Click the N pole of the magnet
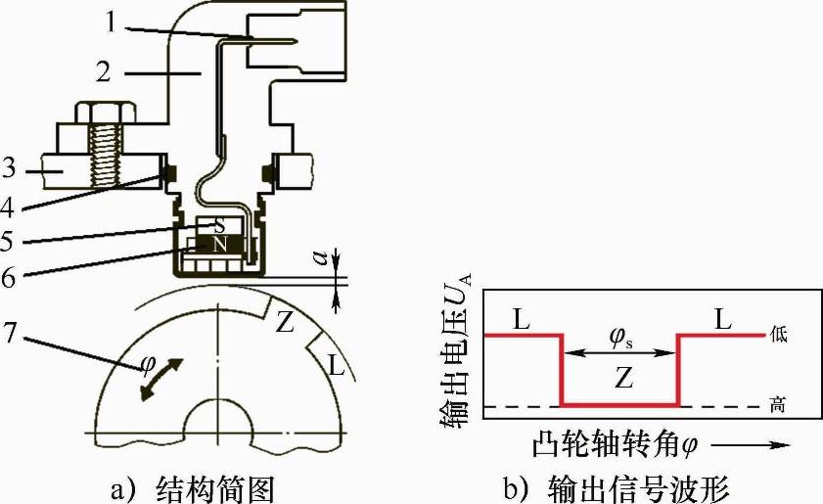220,246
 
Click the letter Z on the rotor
285,322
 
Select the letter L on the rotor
335,367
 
